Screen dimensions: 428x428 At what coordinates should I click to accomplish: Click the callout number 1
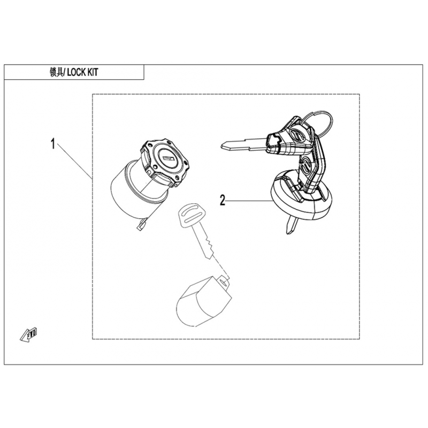click(53, 144)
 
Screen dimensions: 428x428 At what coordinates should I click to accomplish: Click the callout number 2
click(223, 200)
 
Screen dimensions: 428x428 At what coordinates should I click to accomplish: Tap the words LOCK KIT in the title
click(82, 72)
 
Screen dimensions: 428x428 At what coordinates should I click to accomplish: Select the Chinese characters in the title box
click(56, 72)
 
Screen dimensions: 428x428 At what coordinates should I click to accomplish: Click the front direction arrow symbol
click(29, 334)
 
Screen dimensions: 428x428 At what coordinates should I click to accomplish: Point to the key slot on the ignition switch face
click(167, 158)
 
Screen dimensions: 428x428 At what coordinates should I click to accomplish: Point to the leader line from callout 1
click(74, 161)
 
